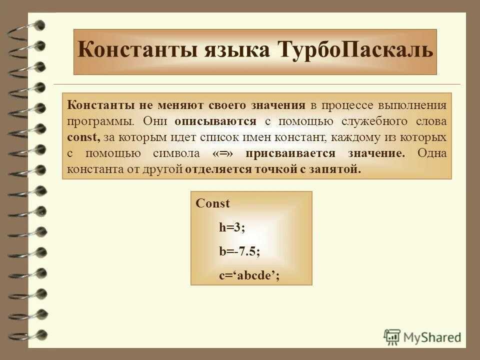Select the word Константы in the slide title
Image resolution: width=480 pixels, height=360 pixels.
[139, 51]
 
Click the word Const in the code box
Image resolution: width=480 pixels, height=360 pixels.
[212, 203]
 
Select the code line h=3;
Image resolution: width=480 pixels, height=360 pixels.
[232, 227]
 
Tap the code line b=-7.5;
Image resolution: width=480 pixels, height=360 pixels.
[239, 251]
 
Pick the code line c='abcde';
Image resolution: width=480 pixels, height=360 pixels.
[248, 275]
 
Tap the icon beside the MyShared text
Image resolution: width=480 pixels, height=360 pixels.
[392, 336]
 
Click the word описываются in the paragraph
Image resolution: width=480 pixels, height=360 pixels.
[215, 121]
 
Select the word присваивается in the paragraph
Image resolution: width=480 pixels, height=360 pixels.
[286, 153]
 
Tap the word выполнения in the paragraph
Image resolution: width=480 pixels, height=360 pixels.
[414, 105]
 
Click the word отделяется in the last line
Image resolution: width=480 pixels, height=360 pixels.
[218, 169]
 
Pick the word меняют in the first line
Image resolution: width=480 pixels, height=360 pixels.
[180, 105]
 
